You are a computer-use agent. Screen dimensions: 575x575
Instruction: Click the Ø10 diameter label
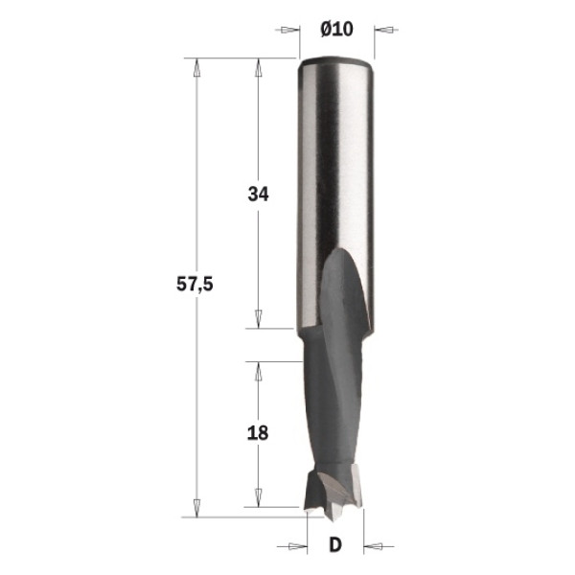336,30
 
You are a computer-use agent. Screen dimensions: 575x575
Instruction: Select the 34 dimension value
258,194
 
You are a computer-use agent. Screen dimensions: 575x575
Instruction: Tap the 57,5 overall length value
195,285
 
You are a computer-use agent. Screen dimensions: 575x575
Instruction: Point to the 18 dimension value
258,433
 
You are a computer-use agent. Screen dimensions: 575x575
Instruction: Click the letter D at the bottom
335,544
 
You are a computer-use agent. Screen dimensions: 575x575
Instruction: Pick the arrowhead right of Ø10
384,30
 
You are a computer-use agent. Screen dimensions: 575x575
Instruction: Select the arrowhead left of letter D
298,547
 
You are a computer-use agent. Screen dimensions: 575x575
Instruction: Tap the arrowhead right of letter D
374,547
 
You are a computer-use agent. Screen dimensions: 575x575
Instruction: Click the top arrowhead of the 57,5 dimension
196,68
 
